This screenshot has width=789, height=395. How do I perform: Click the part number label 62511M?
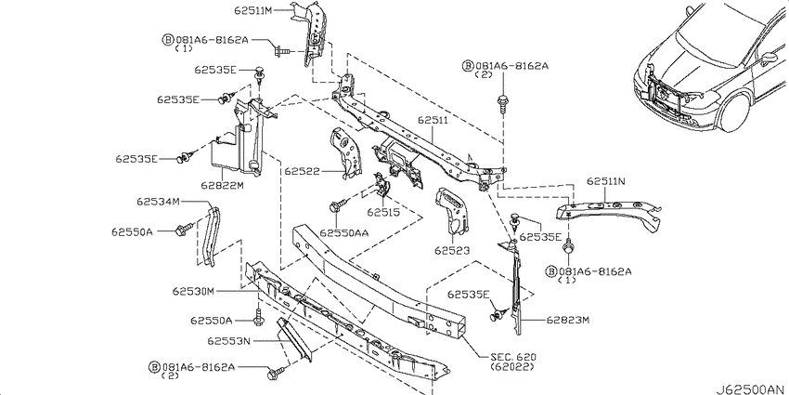click(253, 9)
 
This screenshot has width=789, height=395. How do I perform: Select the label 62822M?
click(223, 185)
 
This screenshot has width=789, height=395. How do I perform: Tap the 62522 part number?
click(302, 171)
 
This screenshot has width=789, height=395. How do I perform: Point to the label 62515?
click(383, 212)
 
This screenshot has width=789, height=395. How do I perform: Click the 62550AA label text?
click(344, 232)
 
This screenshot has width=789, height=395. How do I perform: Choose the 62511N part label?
click(606, 181)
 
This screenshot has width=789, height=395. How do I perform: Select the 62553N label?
click(228, 341)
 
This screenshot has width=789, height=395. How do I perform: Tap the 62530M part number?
click(193, 291)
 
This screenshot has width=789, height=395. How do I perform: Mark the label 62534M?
click(158, 202)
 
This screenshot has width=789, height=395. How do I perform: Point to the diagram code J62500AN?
click(750, 388)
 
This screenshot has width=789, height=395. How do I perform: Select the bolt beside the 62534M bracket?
click(184, 230)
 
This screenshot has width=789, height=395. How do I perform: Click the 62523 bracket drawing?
click(452, 211)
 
